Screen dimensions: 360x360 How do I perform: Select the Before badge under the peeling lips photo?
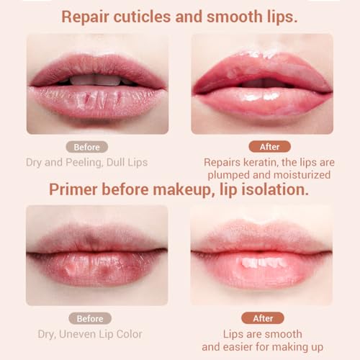(86, 147)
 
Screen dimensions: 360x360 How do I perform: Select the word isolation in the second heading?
(276, 191)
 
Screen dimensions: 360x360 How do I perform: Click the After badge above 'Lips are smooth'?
(263, 318)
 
